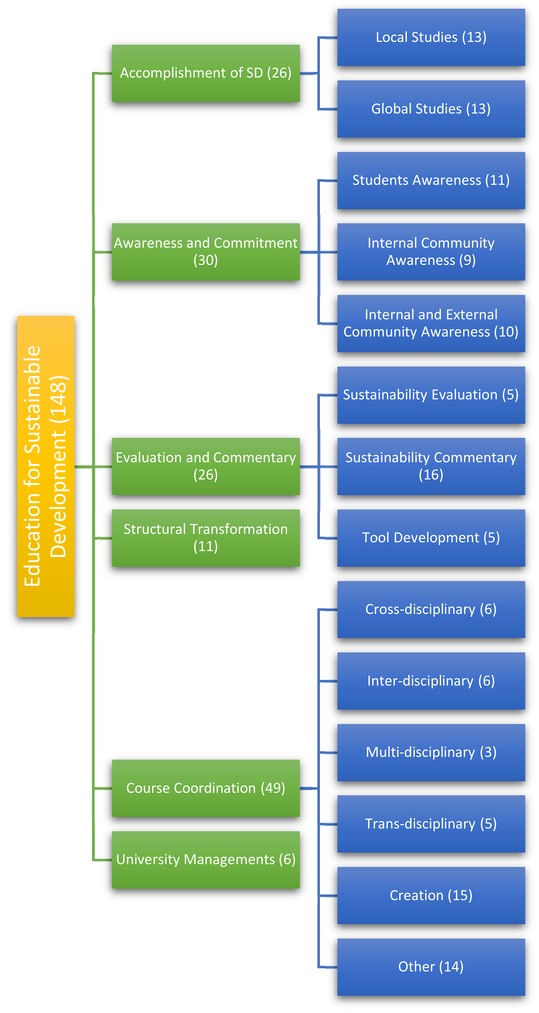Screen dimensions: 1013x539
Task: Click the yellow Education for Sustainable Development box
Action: [46, 466]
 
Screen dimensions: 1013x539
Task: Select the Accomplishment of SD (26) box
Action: [205, 73]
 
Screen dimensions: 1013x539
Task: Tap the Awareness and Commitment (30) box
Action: [205, 252]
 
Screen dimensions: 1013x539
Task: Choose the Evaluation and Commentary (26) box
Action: [205, 466]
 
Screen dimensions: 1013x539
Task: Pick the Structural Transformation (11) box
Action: [205, 538]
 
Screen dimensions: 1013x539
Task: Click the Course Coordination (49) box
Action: [205, 788]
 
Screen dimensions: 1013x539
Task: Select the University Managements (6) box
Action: [205, 860]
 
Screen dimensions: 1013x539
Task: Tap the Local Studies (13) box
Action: [431, 37]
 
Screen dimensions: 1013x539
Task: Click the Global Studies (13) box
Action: [431, 109]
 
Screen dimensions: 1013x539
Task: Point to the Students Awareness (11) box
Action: [431, 180]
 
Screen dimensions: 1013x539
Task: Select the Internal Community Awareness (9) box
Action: [431, 252]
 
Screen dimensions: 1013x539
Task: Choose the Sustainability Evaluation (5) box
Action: [431, 395]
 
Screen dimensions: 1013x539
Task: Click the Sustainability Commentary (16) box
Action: [431, 466]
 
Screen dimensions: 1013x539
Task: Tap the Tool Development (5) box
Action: [431, 538]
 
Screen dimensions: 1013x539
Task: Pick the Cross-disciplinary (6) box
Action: [431, 609]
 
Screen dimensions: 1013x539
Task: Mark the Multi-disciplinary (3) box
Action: [431, 752]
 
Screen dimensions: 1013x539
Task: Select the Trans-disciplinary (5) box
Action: [431, 824]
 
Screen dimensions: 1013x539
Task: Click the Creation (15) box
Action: [431, 895]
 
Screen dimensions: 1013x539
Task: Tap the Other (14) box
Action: [431, 967]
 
